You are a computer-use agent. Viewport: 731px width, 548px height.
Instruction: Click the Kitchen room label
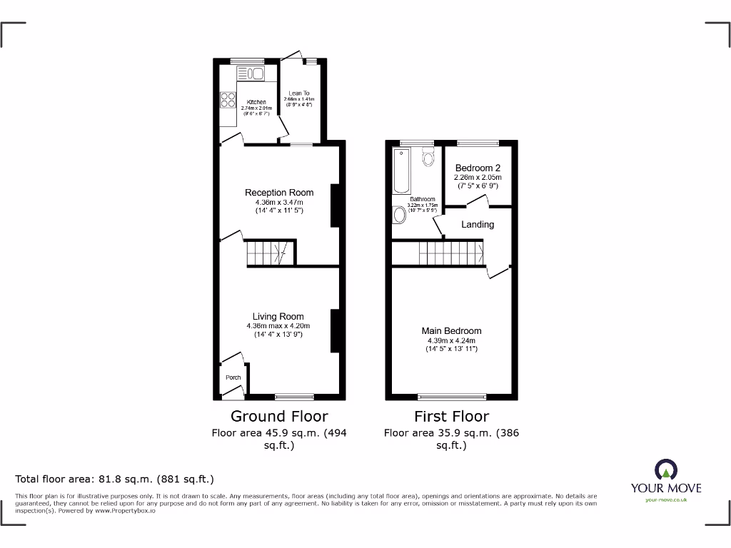click(x=256, y=102)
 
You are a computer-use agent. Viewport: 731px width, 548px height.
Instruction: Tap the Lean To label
click(x=299, y=93)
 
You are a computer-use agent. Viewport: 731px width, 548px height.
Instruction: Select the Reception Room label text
click(x=279, y=193)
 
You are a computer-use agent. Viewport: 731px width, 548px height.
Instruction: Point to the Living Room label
click(x=278, y=317)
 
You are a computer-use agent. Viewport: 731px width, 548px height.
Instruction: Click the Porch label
click(x=233, y=377)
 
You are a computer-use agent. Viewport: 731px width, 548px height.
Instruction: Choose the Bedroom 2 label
click(x=478, y=168)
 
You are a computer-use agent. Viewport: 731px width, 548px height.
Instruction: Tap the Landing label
click(x=478, y=224)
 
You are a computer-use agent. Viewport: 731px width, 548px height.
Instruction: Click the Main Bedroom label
click(x=451, y=331)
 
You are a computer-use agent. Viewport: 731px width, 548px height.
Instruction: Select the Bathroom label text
click(x=423, y=199)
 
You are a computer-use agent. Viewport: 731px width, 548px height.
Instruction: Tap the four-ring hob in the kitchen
click(x=228, y=101)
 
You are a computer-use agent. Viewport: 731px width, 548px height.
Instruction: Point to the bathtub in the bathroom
click(x=400, y=171)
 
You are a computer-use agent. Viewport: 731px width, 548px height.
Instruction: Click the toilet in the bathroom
click(x=428, y=156)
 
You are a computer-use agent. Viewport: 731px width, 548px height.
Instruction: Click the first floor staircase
click(x=450, y=252)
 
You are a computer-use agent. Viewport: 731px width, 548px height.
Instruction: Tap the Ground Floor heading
click(x=279, y=416)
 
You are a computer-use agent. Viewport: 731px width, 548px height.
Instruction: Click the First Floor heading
click(x=451, y=416)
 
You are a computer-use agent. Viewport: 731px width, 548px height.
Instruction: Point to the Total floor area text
click(x=115, y=479)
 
